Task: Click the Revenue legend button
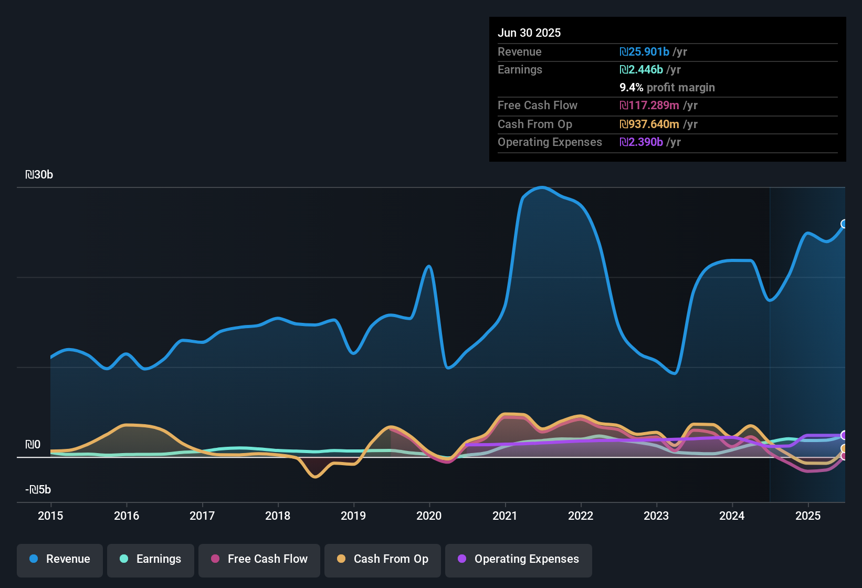pyautogui.click(x=60, y=559)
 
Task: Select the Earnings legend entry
pyautogui.click(x=151, y=559)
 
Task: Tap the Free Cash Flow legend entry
pyautogui.click(x=259, y=559)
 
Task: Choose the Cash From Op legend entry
pyautogui.click(x=383, y=559)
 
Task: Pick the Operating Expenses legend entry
pyautogui.click(x=519, y=559)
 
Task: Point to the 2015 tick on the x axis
pyautogui.click(x=50, y=516)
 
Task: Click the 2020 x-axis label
pyautogui.click(x=429, y=516)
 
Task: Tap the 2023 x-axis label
pyautogui.click(x=656, y=516)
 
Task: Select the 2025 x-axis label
pyautogui.click(x=808, y=516)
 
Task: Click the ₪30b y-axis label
pyautogui.click(x=39, y=175)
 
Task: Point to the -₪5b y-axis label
pyautogui.click(x=38, y=490)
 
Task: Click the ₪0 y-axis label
pyautogui.click(x=33, y=445)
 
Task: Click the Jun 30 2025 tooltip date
pyautogui.click(x=529, y=33)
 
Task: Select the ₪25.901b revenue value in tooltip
pyautogui.click(x=644, y=51)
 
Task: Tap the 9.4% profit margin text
pyautogui.click(x=667, y=87)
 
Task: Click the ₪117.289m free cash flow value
pyautogui.click(x=649, y=105)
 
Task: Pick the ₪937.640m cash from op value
pyautogui.click(x=649, y=124)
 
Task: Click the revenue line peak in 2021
pyautogui.click(x=542, y=187)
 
